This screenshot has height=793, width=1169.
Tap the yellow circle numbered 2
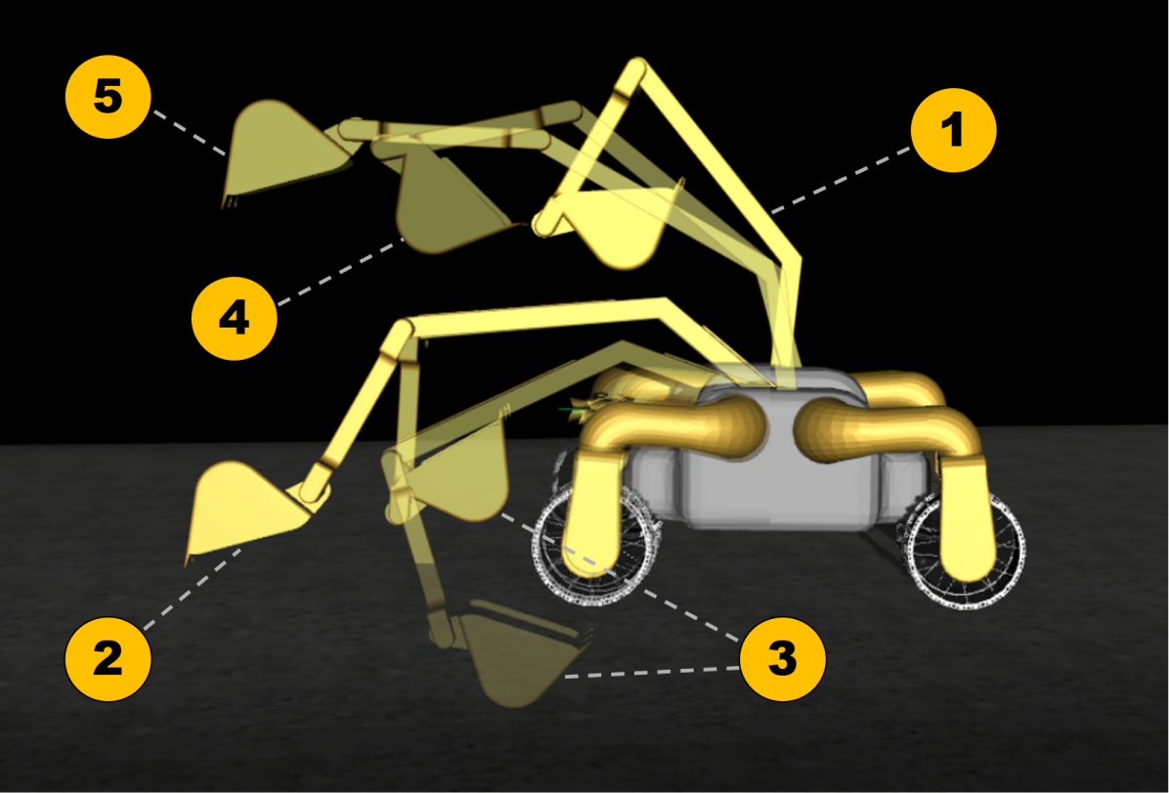[108, 658]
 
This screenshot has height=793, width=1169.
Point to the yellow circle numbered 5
[108, 99]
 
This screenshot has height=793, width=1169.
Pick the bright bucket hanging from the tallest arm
[621, 225]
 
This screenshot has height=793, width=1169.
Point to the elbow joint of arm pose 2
[401, 337]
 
